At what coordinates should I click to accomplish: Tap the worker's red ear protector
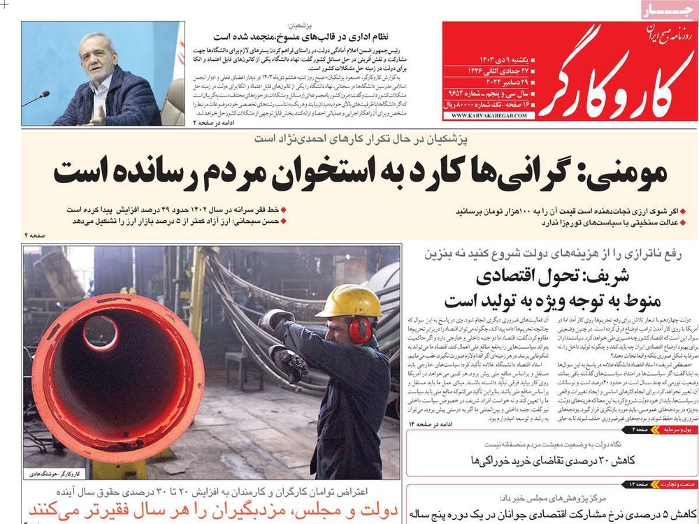[x=360, y=330]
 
